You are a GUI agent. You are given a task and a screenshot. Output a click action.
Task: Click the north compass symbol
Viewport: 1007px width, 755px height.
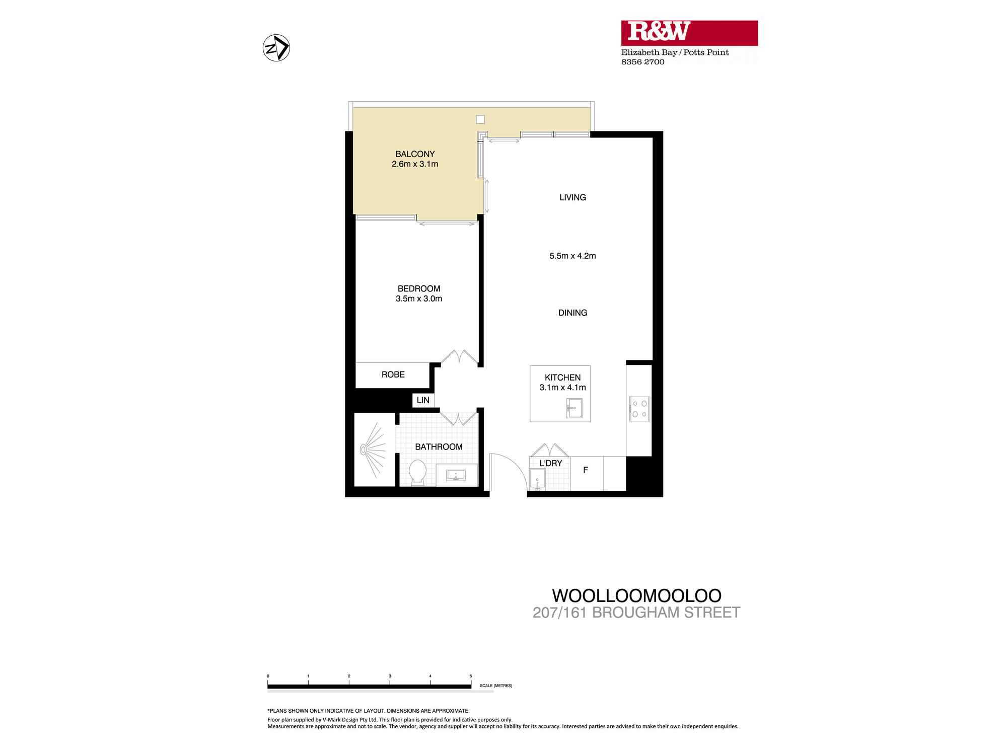coord(276,49)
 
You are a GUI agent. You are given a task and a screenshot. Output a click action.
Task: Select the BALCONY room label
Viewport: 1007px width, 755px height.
coord(415,154)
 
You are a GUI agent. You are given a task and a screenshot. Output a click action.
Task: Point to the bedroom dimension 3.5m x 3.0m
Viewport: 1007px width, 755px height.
coord(419,298)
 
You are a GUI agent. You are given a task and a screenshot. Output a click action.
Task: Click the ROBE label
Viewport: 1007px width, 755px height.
coord(393,374)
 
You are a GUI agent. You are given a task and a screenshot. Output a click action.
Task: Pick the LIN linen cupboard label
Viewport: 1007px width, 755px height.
coord(423,400)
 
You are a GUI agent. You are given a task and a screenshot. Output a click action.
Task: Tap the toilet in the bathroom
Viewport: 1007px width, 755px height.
coord(417,473)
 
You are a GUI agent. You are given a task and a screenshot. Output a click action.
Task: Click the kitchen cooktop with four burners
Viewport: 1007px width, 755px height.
coord(639,408)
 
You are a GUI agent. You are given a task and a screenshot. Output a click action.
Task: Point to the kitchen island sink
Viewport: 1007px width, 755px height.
coord(574,407)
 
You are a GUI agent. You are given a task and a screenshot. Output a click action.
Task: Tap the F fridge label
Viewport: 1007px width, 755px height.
coord(586,470)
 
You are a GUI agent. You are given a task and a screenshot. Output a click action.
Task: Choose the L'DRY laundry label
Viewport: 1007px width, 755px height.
coord(550,463)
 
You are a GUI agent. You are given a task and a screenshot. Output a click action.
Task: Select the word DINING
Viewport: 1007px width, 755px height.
coord(572,313)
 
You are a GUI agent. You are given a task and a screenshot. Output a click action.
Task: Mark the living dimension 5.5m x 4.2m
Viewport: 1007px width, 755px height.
coord(572,256)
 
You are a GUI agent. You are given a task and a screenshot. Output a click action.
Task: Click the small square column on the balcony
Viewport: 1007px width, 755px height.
coord(480,120)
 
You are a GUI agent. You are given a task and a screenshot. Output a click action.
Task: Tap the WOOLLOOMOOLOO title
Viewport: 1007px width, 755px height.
coord(636,595)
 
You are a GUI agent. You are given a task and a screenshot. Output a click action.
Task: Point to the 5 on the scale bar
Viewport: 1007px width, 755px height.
coord(471,676)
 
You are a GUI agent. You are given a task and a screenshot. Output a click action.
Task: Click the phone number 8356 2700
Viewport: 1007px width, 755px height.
coord(642,62)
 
